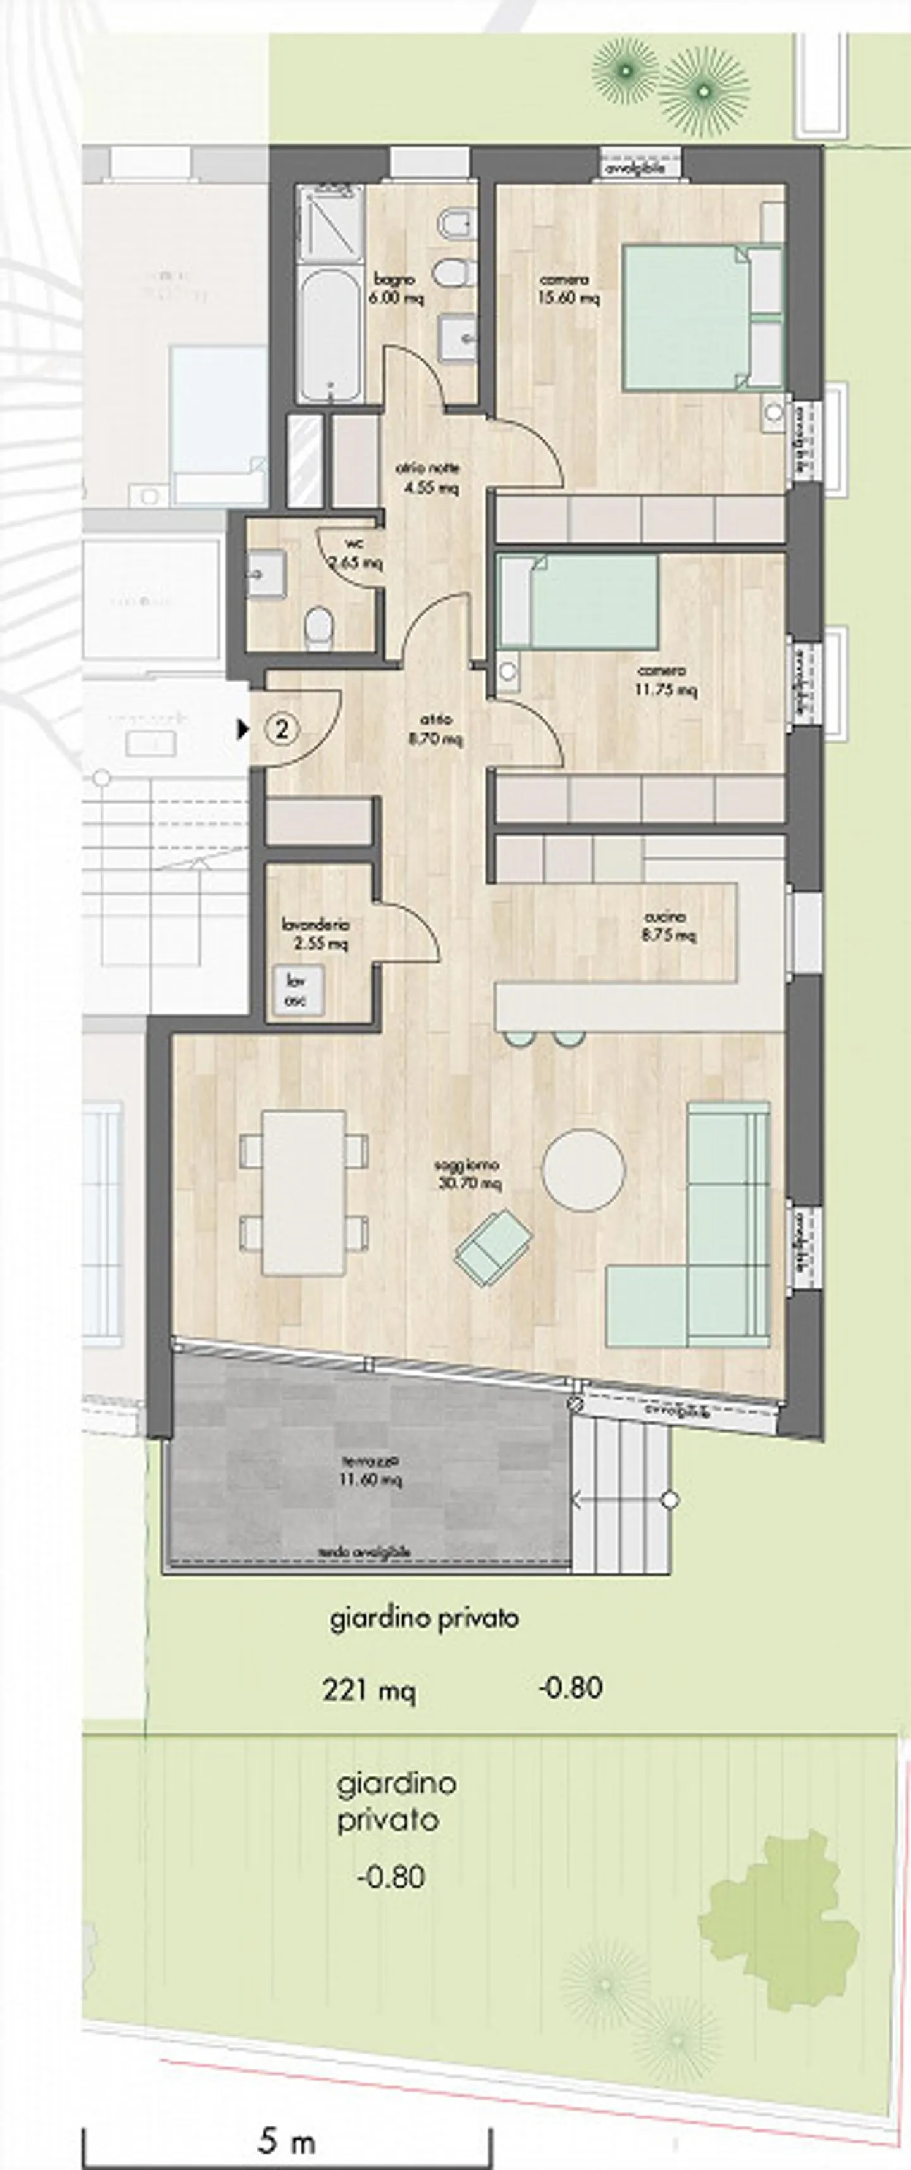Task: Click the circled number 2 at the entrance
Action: click(x=283, y=728)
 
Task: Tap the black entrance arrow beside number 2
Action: click(x=244, y=728)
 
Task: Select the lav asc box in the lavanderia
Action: click(x=295, y=990)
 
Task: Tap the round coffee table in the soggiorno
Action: click(x=583, y=1170)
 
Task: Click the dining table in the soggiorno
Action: click(x=303, y=1192)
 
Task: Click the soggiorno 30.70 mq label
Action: click(x=469, y=1173)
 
